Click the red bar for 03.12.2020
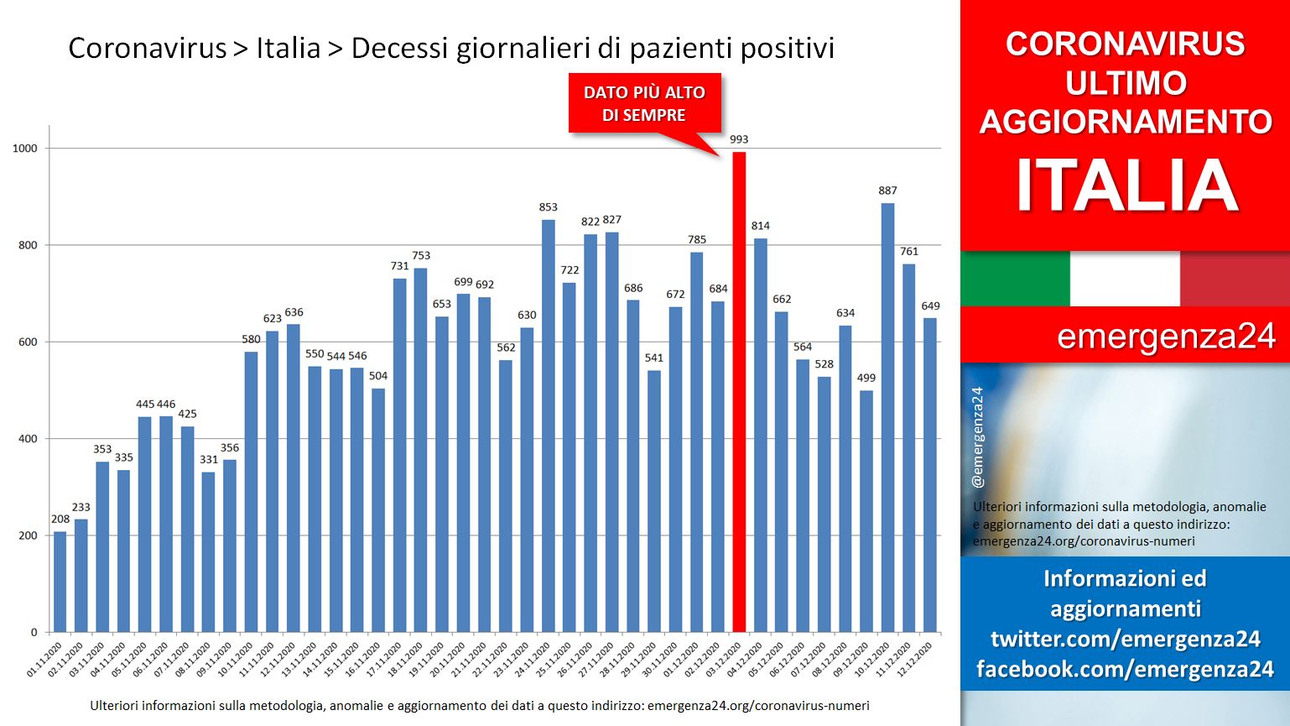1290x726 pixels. coord(739,392)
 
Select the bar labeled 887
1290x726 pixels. coord(887,418)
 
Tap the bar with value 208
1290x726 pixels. coord(60,582)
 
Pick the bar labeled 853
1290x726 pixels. coord(549,426)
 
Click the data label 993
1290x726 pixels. coord(739,139)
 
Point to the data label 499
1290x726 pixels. coord(866,378)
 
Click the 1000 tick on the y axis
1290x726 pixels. coord(25,148)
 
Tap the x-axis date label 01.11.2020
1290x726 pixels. coord(44,659)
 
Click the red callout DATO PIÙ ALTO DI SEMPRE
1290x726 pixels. coord(645,103)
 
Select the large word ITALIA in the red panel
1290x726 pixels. coord(1126,185)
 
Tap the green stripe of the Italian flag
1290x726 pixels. coord(1015,279)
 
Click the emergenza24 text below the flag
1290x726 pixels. coord(1166,336)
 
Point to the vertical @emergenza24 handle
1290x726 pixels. coord(978,437)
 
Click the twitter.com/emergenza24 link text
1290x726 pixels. coord(1126,639)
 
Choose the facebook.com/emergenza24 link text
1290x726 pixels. coord(1126,668)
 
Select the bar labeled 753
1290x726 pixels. coord(420,450)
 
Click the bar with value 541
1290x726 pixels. coord(653,501)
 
